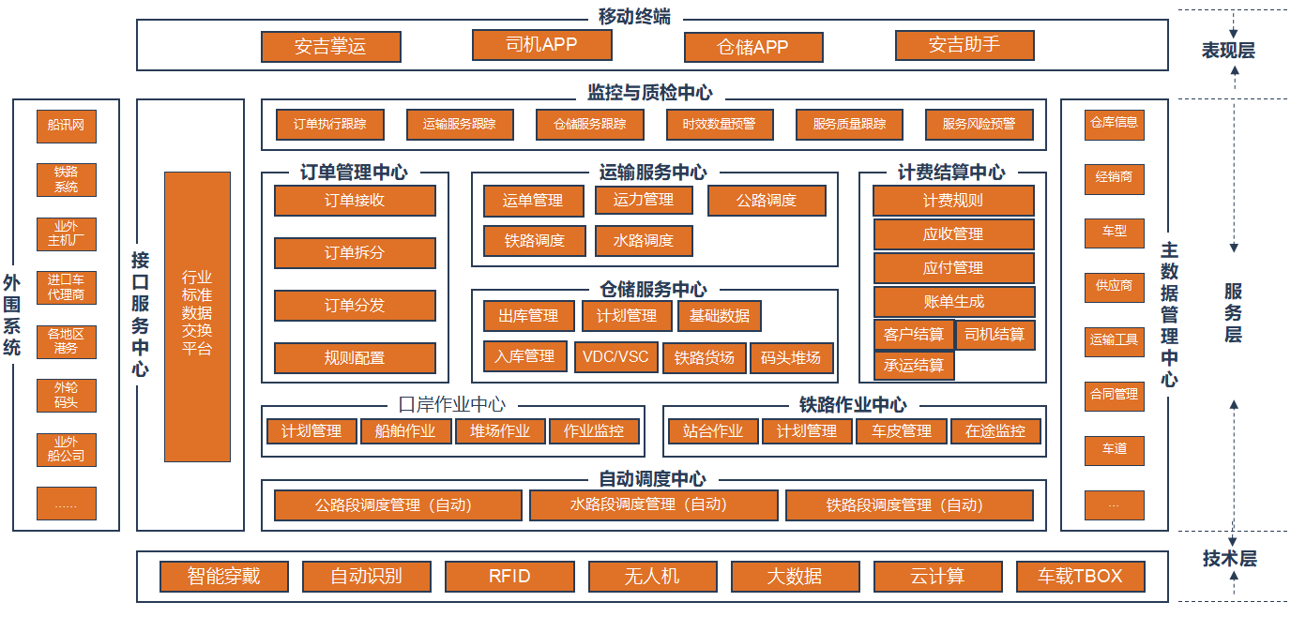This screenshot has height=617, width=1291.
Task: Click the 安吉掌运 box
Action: (x=330, y=47)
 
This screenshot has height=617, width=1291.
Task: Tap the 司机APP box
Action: (x=541, y=44)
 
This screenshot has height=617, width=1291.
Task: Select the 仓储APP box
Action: (x=752, y=47)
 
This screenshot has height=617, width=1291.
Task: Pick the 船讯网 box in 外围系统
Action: (x=66, y=125)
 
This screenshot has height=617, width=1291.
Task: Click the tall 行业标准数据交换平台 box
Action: (x=197, y=316)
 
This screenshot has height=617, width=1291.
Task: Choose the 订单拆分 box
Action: (x=355, y=253)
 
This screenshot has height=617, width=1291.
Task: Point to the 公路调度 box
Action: (x=767, y=201)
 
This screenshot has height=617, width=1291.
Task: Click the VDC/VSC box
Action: (x=615, y=357)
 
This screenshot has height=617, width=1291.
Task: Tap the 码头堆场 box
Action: (x=791, y=357)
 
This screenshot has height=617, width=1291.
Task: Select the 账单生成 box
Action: (x=954, y=302)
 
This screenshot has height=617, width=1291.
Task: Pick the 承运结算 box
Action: (x=914, y=365)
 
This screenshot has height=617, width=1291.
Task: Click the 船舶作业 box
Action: (x=405, y=431)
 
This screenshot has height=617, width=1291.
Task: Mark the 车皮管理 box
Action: (x=902, y=431)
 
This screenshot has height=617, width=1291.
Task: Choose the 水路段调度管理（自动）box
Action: (x=653, y=505)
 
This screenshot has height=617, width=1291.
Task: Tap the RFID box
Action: (x=509, y=576)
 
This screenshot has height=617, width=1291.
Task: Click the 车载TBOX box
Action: (x=1079, y=576)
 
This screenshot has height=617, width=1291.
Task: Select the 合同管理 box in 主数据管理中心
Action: (x=1114, y=395)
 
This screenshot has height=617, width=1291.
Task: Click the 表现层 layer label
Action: (x=1228, y=51)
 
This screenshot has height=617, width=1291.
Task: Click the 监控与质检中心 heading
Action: (x=649, y=93)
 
